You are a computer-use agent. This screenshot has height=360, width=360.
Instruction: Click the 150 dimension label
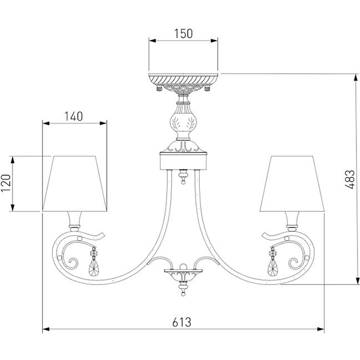(x=183, y=34)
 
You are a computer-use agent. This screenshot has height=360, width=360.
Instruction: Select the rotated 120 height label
(x=7, y=183)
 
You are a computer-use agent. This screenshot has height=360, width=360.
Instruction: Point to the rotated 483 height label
(x=350, y=178)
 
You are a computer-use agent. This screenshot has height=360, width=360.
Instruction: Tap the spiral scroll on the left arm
(x=73, y=262)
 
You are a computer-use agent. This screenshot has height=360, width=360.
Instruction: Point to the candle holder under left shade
(x=74, y=220)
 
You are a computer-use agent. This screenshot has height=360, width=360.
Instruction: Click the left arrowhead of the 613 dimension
(x=45, y=329)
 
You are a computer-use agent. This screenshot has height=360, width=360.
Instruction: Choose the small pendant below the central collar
(x=183, y=178)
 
